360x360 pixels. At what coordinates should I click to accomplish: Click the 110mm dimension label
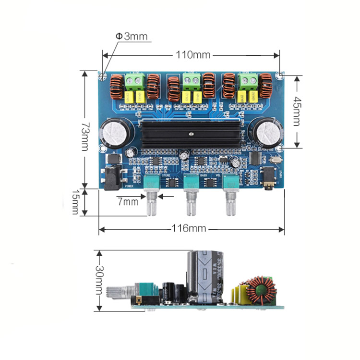(x=192, y=55)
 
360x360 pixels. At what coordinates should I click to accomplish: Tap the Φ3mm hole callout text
(x=131, y=37)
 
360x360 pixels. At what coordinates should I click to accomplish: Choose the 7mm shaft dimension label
(x=127, y=201)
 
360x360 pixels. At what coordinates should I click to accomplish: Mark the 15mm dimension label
(x=75, y=201)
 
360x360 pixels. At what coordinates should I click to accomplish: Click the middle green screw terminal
(x=192, y=80)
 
